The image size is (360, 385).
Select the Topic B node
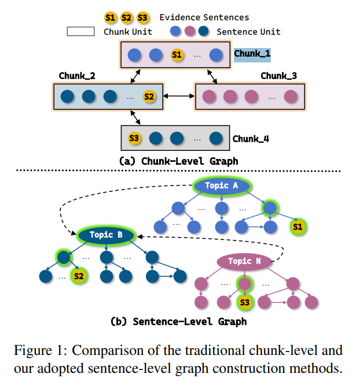pyautogui.click(x=105, y=235)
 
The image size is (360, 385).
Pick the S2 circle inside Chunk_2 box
pyautogui.click(x=149, y=97)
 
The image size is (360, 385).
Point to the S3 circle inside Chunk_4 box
pyautogui.click(x=134, y=138)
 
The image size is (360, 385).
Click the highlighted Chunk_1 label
pyautogui.click(x=252, y=54)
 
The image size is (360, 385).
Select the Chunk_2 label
pyautogui.click(x=78, y=76)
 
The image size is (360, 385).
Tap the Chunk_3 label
pyautogui.click(x=279, y=76)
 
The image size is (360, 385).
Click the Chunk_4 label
pyautogui.click(x=251, y=139)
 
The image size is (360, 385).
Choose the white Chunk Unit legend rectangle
pyautogui.click(x=81, y=31)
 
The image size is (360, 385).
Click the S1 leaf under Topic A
pyautogui.click(x=298, y=227)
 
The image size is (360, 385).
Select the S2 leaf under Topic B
pyautogui.click(x=79, y=276)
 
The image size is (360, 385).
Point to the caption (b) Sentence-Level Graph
pyautogui.click(x=179, y=321)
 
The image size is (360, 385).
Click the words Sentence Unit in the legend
pyautogui.click(x=248, y=31)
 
